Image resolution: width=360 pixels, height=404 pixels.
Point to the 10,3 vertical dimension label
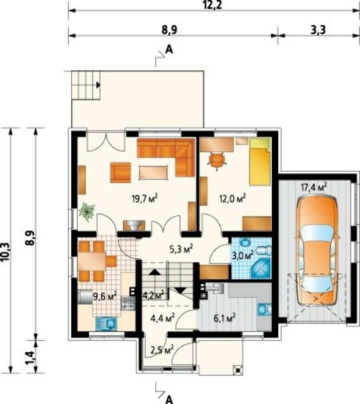(x=6, y=253)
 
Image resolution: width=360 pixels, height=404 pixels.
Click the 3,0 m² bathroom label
(x=243, y=255)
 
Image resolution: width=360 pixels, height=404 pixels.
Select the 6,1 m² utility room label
(x=225, y=318)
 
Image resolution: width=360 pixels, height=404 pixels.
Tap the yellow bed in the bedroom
(x=260, y=162)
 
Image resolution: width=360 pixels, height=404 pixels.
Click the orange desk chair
(x=217, y=160)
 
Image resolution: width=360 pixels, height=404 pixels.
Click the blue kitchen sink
(x=107, y=324)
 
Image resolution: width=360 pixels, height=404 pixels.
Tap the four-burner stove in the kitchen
(x=128, y=303)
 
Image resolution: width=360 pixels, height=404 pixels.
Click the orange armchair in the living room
(x=120, y=173)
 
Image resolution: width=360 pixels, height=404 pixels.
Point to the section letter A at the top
(x=169, y=49)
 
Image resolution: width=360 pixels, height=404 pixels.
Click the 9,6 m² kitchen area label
(x=105, y=297)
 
